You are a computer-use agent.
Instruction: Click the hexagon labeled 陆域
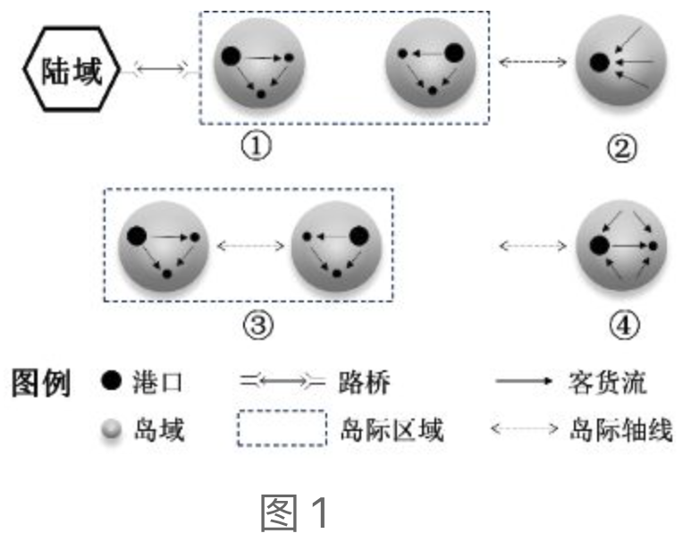[x=70, y=69]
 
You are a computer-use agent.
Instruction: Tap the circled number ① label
[x=257, y=147]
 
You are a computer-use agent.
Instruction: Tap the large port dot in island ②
[x=600, y=62]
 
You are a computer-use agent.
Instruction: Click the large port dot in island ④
[x=600, y=243]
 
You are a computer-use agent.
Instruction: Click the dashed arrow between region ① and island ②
[x=533, y=62]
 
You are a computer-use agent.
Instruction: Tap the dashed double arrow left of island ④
[x=533, y=243]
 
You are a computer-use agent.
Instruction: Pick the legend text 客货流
[x=606, y=384]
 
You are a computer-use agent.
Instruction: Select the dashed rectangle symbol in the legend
[x=281, y=428]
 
